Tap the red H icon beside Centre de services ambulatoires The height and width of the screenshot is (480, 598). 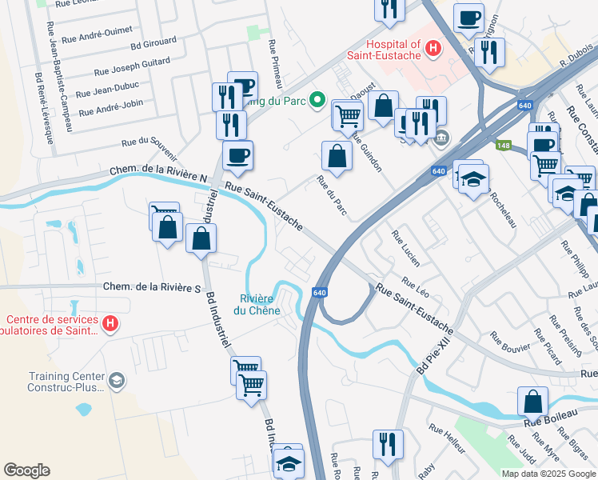pos(111,323)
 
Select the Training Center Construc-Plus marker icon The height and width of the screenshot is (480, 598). pos(117,379)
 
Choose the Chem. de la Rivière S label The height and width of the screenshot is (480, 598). pos(150,287)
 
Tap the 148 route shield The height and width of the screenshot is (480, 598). pos(503,145)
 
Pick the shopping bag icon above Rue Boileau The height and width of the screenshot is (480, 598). pos(532,399)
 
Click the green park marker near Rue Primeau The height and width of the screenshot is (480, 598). pos(317,101)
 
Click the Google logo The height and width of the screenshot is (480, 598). pos(26,470)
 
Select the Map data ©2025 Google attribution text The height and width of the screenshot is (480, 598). pos(548,474)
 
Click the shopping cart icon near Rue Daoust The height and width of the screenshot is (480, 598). pos(348,116)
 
